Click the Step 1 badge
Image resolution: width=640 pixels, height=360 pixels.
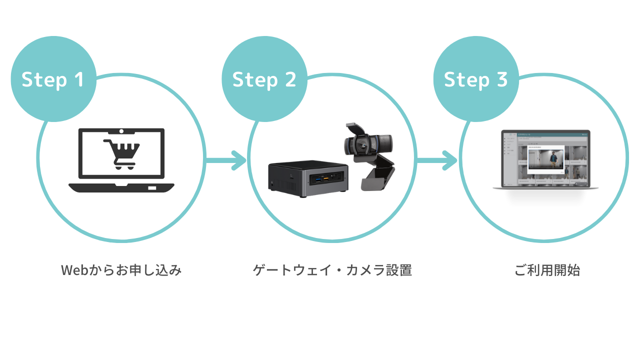click(53, 79)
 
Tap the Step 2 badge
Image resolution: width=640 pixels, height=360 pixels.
click(264, 79)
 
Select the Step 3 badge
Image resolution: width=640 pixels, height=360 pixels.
click(475, 79)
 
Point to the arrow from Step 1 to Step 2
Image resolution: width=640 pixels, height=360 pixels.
click(225, 161)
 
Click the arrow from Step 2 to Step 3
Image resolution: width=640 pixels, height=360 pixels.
click(437, 161)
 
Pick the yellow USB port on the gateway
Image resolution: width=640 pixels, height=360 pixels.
click(325, 177)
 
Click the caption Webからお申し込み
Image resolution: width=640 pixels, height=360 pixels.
click(121, 270)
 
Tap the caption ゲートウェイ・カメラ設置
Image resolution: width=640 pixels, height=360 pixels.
click(332, 270)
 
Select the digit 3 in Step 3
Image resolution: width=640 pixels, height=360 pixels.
click(501, 79)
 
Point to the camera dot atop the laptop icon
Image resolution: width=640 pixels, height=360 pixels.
click(121, 131)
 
